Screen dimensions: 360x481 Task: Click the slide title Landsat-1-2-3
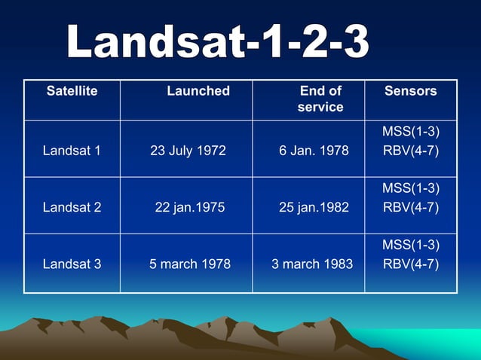(x=218, y=42)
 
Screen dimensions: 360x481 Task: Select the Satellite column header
(x=72, y=91)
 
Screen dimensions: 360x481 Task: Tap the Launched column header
(x=198, y=91)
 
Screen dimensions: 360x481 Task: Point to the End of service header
(x=320, y=99)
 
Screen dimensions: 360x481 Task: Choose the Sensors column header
(x=410, y=91)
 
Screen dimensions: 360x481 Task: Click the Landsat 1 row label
(x=72, y=151)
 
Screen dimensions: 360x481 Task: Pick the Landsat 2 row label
(x=72, y=207)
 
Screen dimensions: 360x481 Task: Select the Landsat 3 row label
(x=72, y=264)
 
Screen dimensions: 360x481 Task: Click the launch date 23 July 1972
(x=188, y=151)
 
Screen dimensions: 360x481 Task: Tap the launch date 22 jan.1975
(x=190, y=207)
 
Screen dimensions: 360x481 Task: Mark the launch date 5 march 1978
(x=190, y=264)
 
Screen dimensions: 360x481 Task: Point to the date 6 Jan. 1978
(x=314, y=151)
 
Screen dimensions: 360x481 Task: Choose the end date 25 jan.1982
(x=314, y=207)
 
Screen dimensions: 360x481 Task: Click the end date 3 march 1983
(x=312, y=264)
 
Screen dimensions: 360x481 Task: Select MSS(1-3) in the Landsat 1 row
(x=411, y=133)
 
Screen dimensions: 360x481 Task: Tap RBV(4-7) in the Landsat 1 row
(x=411, y=151)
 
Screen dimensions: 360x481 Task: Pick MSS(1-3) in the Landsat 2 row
(x=411, y=188)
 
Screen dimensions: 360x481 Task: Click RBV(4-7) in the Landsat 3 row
(x=411, y=264)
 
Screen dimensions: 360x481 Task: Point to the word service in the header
(x=320, y=107)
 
